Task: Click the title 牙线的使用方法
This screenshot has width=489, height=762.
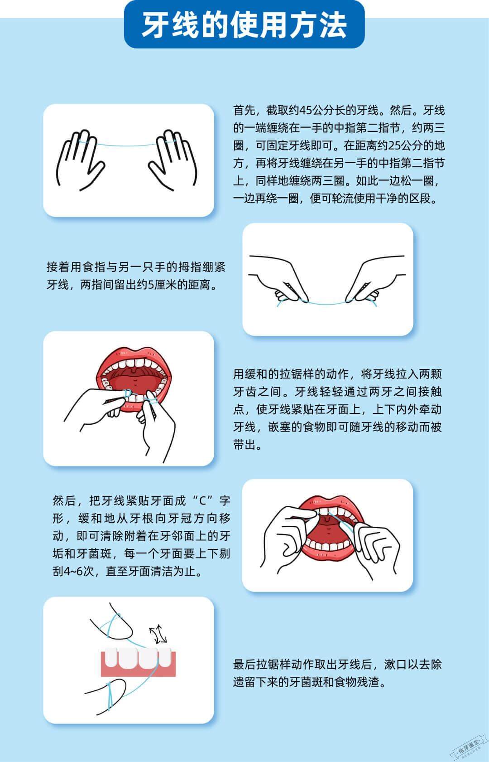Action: (244, 25)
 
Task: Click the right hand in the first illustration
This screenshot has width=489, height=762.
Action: (174, 161)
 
